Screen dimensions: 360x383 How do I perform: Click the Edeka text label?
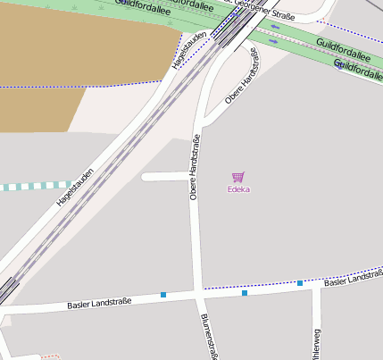[x=238, y=189]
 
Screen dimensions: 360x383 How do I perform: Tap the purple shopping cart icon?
[x=238, y=177]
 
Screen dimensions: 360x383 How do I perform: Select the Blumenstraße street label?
[x=210, y=337]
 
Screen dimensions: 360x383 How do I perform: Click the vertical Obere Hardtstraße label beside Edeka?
[x=194, y=167]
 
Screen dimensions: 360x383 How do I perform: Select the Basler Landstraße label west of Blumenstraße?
[x=99, y=303]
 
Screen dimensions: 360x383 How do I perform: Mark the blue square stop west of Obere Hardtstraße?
[x=163, y=295]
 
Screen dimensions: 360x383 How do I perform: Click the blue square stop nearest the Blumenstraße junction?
[x=244, y=293]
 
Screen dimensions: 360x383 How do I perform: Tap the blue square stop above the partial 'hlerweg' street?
[x=300, y=283]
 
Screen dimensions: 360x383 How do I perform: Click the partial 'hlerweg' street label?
[x=315, y=343]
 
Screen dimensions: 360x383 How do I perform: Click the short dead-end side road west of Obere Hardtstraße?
[x=165, y=177]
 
